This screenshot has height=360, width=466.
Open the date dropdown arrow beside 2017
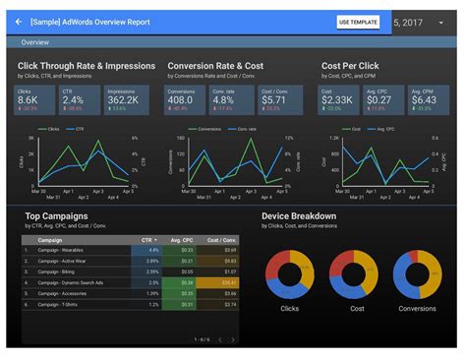point(441,22)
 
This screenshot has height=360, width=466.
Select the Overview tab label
point(35,43)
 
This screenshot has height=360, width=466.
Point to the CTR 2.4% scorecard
point(82,98)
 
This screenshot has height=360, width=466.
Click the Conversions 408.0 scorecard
point(186,98)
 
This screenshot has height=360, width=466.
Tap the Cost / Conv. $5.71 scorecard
point(280,98)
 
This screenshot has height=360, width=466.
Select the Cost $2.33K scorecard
point(337,98)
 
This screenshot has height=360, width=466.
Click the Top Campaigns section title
point(57,215)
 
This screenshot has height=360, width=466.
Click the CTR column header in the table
point(146,239)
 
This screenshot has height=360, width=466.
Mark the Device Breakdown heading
point(299,215)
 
